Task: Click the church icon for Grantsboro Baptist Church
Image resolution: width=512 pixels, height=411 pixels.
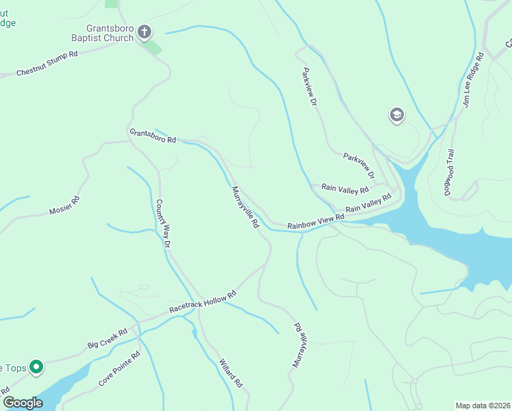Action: [144, 32]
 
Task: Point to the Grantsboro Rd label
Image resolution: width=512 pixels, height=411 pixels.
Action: [153, 136]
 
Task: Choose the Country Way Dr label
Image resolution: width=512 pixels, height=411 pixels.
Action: [162, 223]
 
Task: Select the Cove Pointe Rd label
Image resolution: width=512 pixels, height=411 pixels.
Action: [119, 368]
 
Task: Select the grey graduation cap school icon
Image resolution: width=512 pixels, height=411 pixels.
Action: [396, 116]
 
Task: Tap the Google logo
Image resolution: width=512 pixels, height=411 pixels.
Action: [23, 403]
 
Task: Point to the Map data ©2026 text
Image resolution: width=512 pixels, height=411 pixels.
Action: [483, 406]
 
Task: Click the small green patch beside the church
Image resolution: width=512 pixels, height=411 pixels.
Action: [154, 47]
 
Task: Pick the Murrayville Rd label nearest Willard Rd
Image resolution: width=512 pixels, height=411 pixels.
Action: [298, 345]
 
